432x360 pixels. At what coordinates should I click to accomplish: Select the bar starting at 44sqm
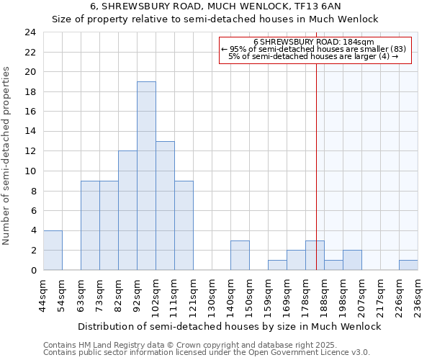coord(53,250)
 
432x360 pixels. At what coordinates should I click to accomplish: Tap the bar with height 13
coord(165,205)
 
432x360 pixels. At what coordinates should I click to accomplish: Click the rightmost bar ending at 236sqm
coord(408,265)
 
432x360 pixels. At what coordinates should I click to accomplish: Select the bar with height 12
coord(127,210)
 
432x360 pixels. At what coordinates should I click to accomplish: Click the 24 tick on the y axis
coord(30,32)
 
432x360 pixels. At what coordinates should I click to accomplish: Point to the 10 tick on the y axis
coord(30,171)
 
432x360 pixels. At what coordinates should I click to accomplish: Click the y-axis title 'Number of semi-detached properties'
coord(7,156)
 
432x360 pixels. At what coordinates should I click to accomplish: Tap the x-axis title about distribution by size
coord(229,326)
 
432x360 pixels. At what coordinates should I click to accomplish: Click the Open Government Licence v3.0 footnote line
coord(207,352)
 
